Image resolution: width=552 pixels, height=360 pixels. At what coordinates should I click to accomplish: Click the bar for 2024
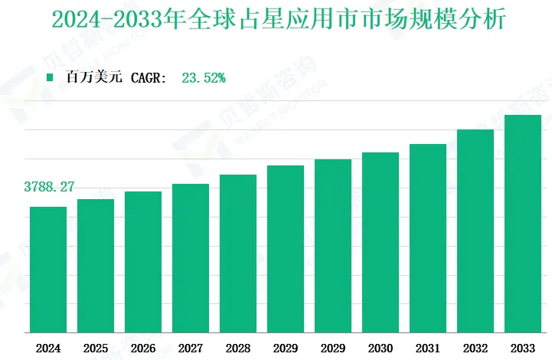48,270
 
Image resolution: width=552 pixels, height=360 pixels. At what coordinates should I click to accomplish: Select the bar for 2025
96,266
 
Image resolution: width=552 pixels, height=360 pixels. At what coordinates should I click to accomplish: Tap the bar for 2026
143,262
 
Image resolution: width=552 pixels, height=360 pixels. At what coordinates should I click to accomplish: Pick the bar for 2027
191,258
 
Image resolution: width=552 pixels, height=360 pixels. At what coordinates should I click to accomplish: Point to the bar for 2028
238,254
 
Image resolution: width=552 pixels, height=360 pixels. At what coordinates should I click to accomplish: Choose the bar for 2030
381,243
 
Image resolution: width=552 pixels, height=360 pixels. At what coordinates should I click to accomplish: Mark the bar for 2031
428,238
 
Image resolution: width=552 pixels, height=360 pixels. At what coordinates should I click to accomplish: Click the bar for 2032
475,231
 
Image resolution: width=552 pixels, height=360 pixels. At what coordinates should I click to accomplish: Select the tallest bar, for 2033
523,224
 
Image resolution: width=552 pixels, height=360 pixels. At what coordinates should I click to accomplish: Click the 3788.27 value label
49,187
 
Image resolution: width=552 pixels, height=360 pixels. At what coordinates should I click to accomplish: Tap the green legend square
51,77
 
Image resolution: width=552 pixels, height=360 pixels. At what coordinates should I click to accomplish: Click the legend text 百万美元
93,77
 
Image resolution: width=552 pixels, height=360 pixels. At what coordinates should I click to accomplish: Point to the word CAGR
149,77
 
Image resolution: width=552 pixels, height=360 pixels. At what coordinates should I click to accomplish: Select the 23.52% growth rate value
203,77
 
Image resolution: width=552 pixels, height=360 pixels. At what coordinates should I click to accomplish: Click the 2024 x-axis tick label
48,348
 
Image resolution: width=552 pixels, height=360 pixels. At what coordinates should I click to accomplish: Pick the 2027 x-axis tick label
191,348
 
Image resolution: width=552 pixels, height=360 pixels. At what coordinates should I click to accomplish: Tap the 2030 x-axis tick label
381,348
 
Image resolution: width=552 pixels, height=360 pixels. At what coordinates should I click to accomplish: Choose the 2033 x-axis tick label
523,348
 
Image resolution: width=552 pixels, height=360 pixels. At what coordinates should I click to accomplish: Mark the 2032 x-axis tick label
475,348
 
